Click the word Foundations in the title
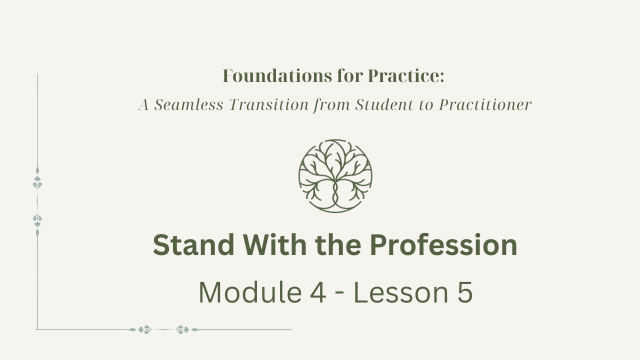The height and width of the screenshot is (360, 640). point(277,76)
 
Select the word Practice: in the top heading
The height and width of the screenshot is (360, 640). point(406,76)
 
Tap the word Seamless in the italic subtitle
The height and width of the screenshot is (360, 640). point(188,104)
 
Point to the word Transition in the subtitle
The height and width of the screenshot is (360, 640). point(269,104)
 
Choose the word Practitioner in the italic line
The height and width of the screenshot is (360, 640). point(485,104)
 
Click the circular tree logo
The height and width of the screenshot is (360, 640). point(335,176)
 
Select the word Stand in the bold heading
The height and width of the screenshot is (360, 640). point(193,245)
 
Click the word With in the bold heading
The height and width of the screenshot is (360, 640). point(275,245)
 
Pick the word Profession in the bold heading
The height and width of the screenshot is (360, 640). point(443,245)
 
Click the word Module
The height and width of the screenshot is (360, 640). point(250,292)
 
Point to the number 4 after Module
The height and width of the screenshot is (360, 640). point(318,292)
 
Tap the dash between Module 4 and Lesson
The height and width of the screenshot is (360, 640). point(339,295)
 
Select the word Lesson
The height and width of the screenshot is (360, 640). point(401,292)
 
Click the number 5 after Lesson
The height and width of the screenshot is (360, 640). point(465,292)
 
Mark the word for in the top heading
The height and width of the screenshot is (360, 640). point(350,76)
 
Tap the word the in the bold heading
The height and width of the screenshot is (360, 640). point(338,245)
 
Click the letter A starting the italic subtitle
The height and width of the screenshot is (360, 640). point(143,104)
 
